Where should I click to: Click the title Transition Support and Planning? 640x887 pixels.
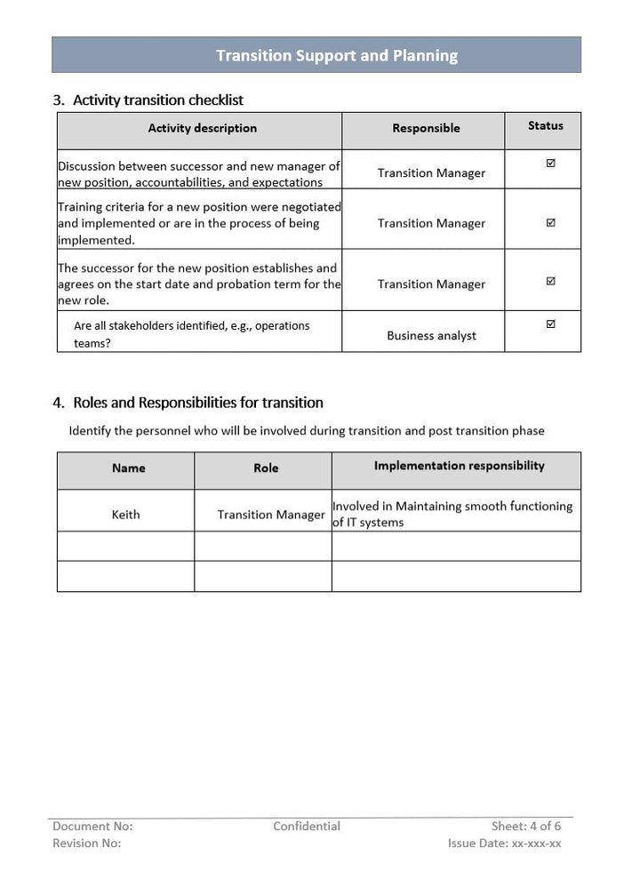(x=337, y=55)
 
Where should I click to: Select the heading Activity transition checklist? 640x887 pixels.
(x=157, y=100)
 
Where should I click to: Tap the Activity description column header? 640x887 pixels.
(x=202, y=128)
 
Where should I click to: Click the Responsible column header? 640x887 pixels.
(x=426, y=129)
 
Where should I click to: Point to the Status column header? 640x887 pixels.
(x=545, y=126)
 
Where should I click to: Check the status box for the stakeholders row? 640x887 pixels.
(x=550, y=324)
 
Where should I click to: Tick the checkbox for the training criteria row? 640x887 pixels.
(x=550, y=222)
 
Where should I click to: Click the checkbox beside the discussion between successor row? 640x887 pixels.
(x=550, y=164)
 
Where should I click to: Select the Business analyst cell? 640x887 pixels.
(x=431, y=336)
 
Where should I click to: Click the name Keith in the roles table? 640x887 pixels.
(x=125, y=515)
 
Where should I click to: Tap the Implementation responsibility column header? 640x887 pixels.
(x=459, y=466)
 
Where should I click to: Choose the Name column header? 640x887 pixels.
(x=128, y=468)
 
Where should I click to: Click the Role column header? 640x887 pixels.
(x=266, y=468)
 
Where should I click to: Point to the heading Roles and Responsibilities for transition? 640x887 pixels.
(x=197, y=403)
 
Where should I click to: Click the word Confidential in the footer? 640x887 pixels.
(x=306, y=827)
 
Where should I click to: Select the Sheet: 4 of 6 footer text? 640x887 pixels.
(x=526, y=827)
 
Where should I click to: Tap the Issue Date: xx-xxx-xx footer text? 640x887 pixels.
(x=504, y=843)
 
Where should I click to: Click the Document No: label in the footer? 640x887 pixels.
(x=92, y=827)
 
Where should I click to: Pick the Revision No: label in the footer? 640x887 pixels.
(x=86, y=843)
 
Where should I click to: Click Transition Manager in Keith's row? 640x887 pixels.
(x=271, y=515)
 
